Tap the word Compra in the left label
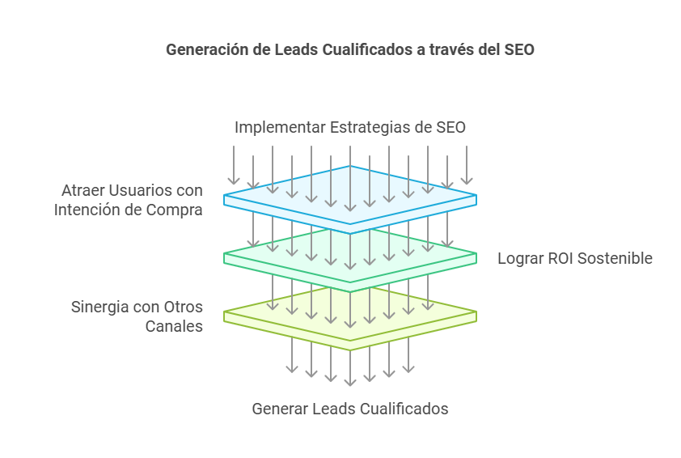(176, 210)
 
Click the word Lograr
(519, 259)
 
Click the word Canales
(173, 327)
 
